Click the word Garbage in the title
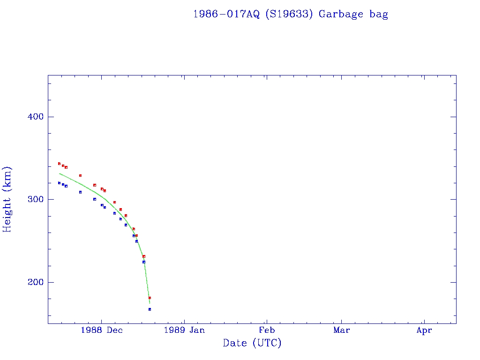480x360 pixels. coord(341,14)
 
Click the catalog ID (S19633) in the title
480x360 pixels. coord(288,14)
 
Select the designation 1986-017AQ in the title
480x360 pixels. coord(227,14)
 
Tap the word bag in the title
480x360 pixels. coord(379,14)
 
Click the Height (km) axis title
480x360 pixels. coord(7,199)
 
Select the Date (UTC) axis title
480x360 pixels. coord(252,343)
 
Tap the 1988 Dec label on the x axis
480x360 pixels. coord(102,330)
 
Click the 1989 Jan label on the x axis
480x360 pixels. coord(184,330)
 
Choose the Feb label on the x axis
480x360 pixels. coord(267,330)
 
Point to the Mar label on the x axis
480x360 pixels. coord(341,330)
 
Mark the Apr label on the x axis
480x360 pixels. coord(424,330)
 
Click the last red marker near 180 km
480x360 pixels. coord(150,298)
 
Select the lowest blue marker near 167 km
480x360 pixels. coord(150,309)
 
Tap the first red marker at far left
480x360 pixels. coord(59,164)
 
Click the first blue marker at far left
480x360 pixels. coord(59,183)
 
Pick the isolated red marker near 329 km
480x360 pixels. coord(80,175)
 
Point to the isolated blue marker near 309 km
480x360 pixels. coord(80,192)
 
